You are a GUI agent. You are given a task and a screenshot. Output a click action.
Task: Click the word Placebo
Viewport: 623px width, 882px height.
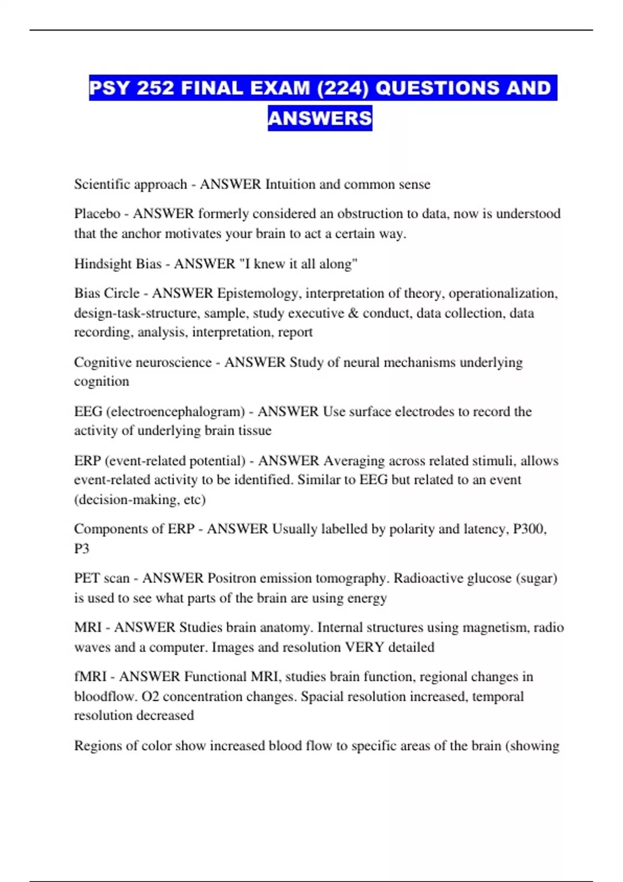(97, 214)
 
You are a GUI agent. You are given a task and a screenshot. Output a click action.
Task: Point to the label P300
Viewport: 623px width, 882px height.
(529, 529)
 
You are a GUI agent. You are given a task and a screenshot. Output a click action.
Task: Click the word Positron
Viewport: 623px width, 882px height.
(233, 578)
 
